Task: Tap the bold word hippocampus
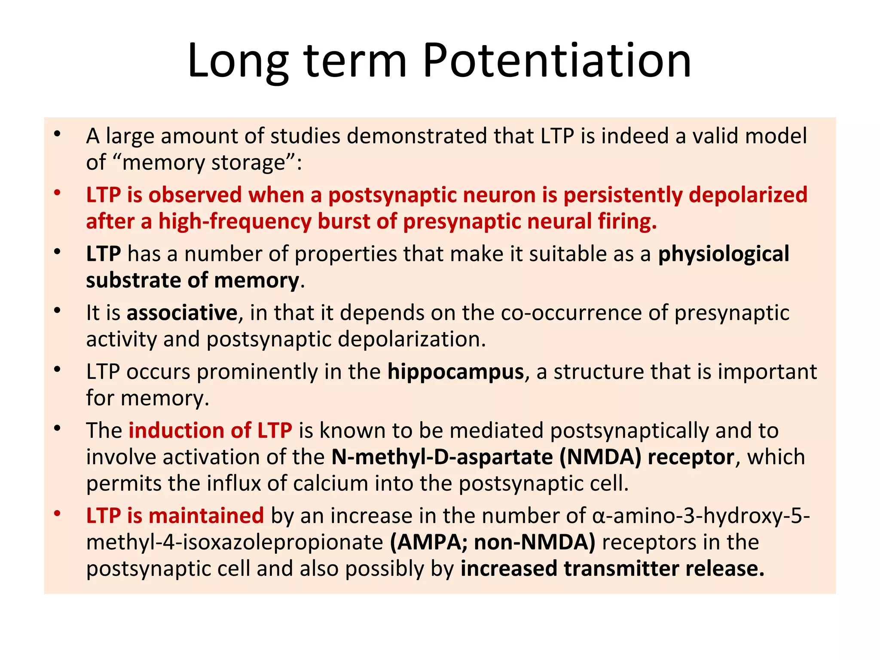point(455,371)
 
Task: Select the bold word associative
point(182,312)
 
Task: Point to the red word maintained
point(206,515)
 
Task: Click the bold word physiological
point(724,254)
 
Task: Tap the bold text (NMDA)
point(600,457)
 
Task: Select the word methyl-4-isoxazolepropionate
point(235,542)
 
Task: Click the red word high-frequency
point(235,221)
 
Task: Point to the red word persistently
point(623,195)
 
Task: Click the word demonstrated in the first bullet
point(416,136)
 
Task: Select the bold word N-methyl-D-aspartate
point(442,457)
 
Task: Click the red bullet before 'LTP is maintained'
point(57,513)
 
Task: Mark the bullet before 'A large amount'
point(57,134)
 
